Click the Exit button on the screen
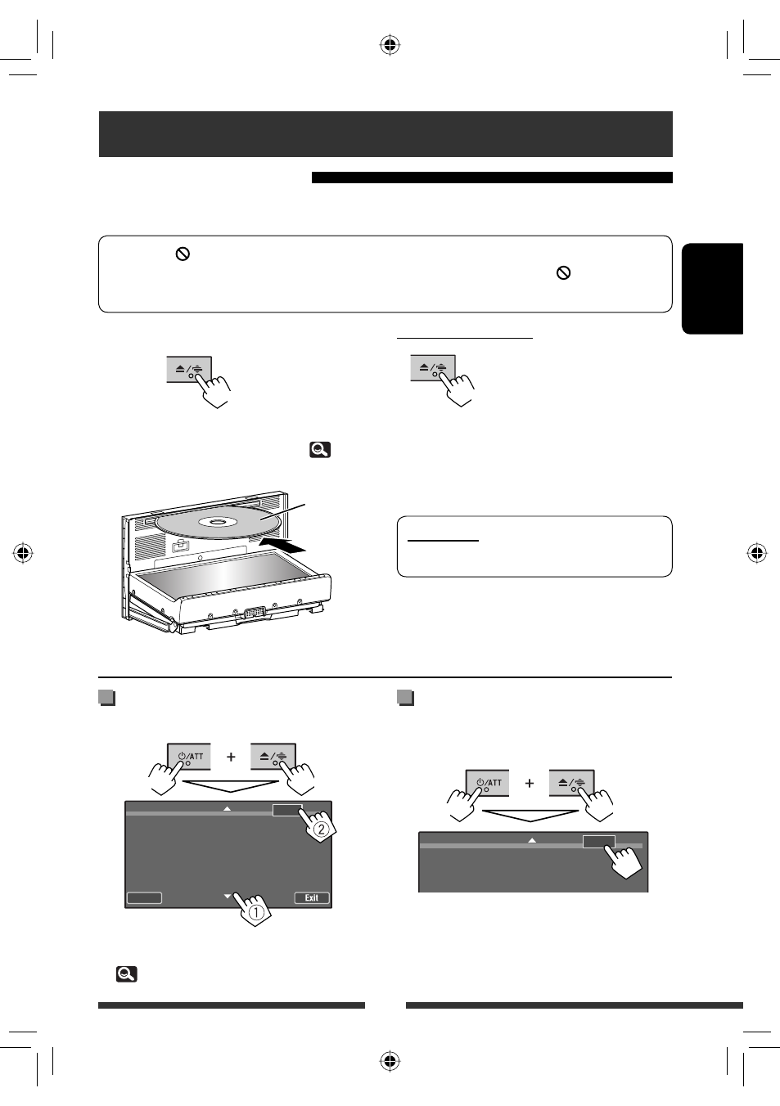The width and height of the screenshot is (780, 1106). point(312,898)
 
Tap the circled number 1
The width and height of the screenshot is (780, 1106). point(255,912)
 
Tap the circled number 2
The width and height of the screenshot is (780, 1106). point(321,829)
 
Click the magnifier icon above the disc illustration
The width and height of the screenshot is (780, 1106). point(320,449)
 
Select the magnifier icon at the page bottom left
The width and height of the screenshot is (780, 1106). point(126,973)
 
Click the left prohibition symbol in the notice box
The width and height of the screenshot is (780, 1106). point(183,254)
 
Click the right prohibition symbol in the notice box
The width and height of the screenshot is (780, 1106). point(563,273)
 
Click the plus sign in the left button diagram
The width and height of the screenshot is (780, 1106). point(231,757)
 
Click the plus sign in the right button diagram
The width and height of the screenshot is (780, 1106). point(530,783)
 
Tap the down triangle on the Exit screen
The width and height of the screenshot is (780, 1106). point(228,897)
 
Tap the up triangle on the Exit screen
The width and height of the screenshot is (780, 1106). point(228,808)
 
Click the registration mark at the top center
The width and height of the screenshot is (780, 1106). point(390,45)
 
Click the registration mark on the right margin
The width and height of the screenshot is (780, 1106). point(757,554)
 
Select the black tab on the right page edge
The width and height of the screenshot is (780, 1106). point(712,289)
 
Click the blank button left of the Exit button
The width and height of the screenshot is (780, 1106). point(145,898)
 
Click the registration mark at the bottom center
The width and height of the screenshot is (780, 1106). point(390,1061)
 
